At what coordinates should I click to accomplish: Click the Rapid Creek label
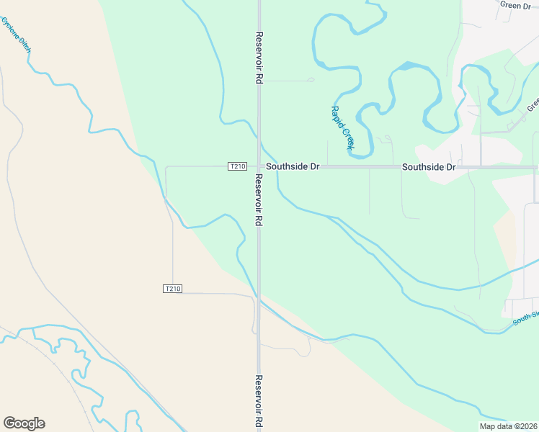click(342, 128)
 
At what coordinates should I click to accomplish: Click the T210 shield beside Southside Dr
click(237, 166)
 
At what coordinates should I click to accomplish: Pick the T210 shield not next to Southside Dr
click(172, 289)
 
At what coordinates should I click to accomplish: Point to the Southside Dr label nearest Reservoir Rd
click(292, 166)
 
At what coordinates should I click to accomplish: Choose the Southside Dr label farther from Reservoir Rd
click(429, 167)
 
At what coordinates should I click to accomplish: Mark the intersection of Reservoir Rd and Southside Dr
click(259, 166)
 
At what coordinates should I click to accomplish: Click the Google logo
click(24, 423)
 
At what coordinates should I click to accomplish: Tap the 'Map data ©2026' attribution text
click(507, 426)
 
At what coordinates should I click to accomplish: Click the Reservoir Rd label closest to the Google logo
click(258, 402)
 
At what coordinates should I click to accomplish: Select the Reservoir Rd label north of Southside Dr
click(258, 58)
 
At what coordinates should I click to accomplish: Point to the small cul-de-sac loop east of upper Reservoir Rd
click(311, 79)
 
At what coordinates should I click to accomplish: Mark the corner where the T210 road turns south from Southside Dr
click(166, 167)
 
